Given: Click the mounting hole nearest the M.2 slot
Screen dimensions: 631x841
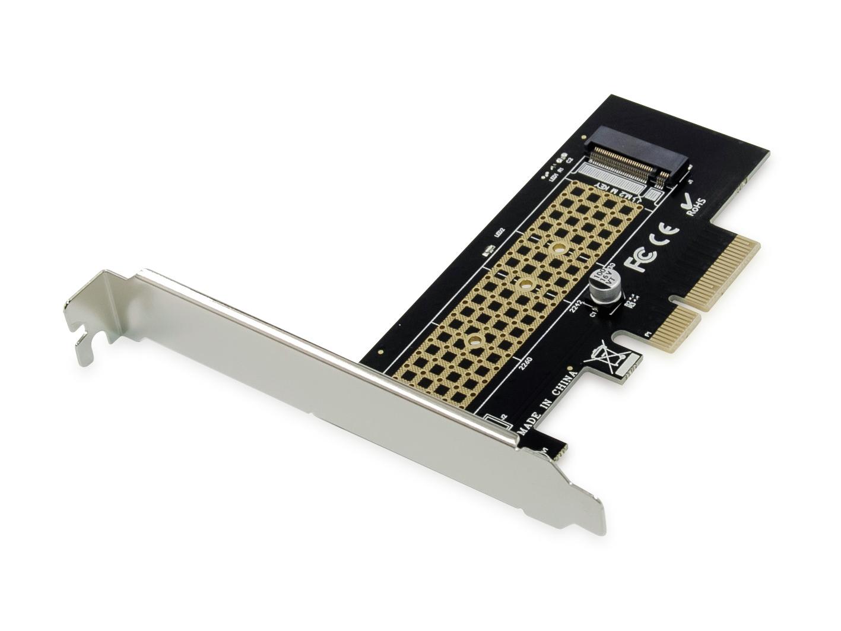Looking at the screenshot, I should pyautogui.click(x=558, y=249).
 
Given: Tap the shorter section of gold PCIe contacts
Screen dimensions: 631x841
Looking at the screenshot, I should pyautogui.click(x=676, y=329).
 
